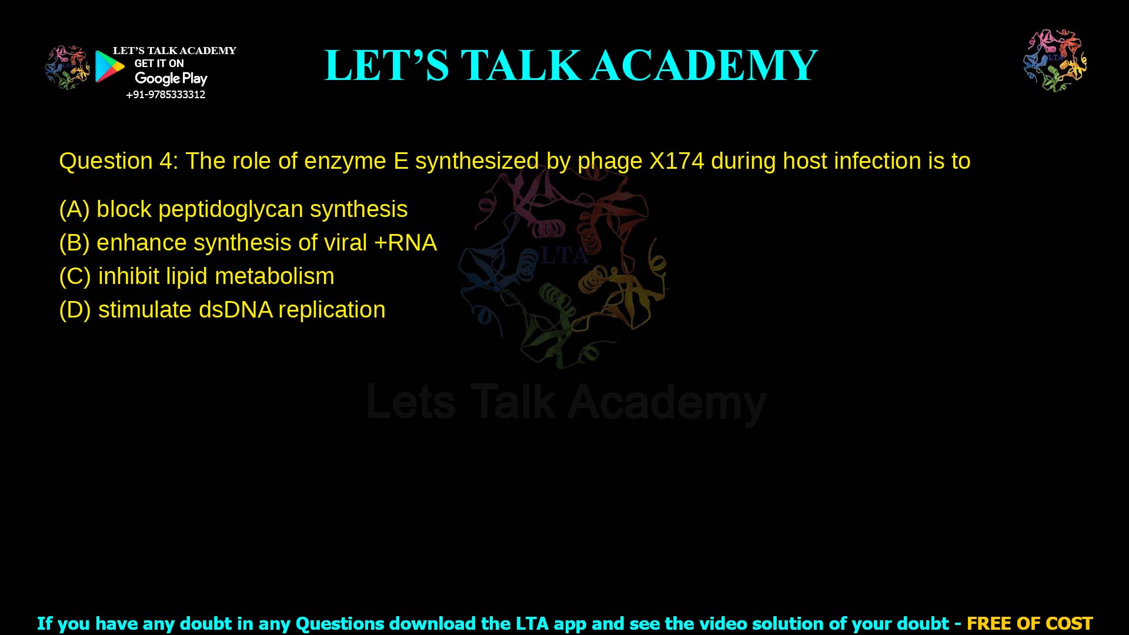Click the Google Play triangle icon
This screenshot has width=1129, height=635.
coord(109,66)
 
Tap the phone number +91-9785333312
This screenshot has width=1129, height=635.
coord(166,95)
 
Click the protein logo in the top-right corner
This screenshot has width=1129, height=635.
coord(1055,60)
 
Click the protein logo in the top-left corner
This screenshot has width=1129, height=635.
coord(68,67)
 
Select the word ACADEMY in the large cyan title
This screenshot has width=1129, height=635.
coord(704,65)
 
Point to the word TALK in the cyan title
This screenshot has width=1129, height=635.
coord(521,65)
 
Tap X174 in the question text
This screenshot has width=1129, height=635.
coord(676,161)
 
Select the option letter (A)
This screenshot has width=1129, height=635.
coord(75,209)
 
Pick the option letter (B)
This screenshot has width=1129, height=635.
coord(75,243)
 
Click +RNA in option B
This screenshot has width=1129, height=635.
coord(405,243)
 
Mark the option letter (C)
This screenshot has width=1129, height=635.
coord(75,276)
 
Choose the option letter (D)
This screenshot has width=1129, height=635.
coord(75,310)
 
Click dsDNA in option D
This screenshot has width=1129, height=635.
coord(235,310)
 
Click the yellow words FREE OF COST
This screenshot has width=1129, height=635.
coord(1029,623)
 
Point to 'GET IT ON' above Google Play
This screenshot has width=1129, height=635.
coord(159,63)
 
